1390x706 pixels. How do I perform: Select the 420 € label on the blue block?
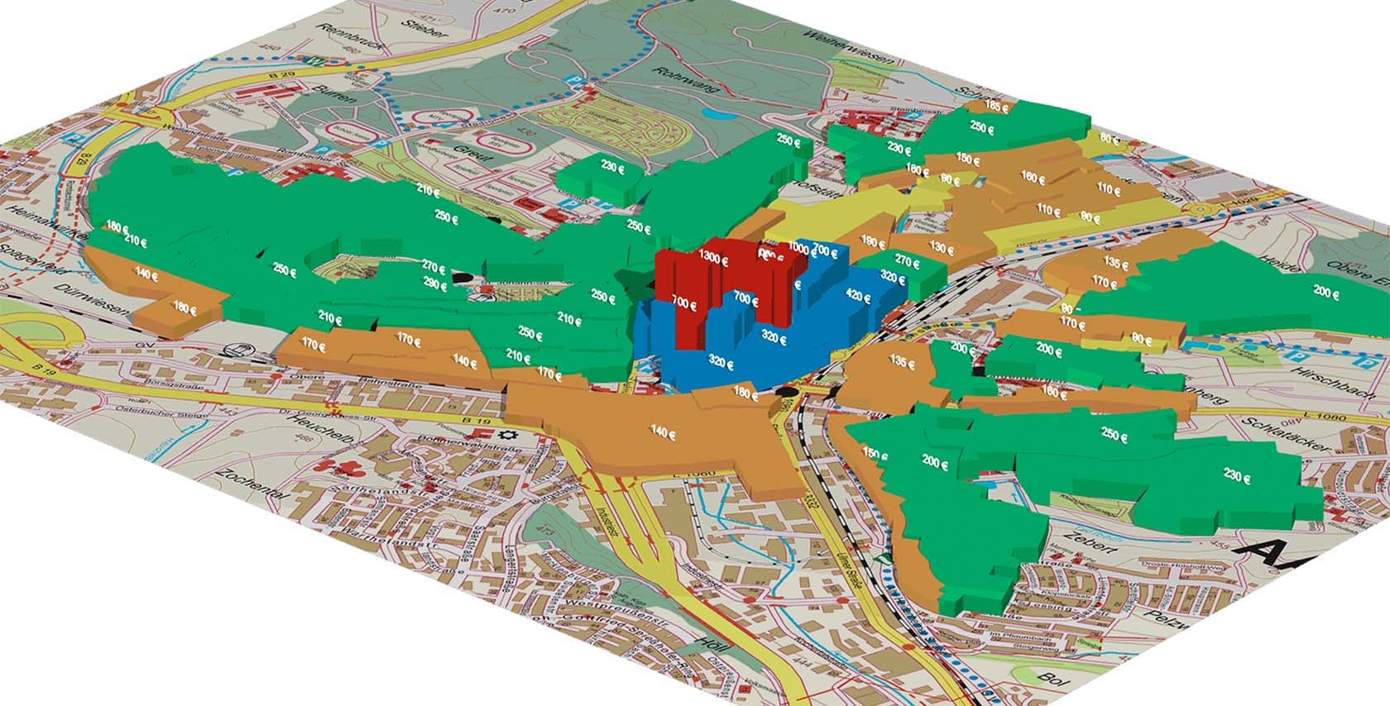(x=858, y=297)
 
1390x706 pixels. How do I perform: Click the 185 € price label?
(x=998, y=107)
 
